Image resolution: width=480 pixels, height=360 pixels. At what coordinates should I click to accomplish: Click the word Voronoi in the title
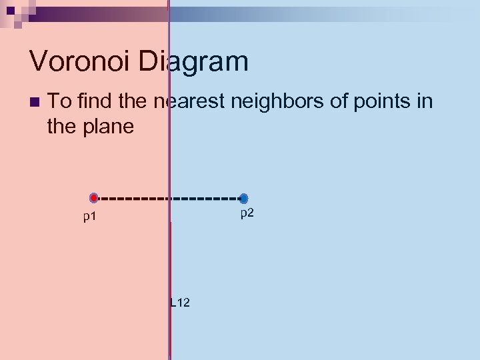[81, 62]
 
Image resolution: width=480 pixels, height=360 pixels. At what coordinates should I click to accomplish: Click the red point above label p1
[94, 198]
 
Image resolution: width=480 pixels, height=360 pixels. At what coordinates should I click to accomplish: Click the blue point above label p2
[244, 199]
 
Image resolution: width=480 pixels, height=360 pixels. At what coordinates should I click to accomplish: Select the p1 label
[90, 217]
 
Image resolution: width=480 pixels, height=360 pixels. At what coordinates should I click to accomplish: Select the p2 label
[247, 213]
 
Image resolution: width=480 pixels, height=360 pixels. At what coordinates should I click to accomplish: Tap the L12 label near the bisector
[180, 303]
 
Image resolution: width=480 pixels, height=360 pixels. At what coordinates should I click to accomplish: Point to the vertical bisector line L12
[169, 267]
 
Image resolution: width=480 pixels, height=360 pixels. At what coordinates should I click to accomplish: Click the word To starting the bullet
[59, 102]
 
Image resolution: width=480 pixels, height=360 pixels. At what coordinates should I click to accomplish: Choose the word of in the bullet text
[337, 102]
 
